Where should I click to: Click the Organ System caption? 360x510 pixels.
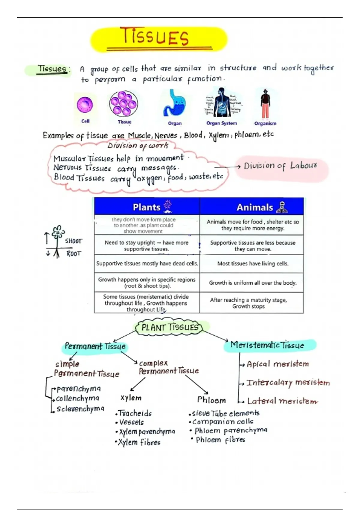click(x=222, y=123)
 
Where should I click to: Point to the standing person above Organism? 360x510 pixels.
click(x=265, y=103)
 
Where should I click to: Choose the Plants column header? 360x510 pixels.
click(x=147, y=207)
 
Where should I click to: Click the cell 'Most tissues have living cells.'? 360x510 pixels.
click(x=253, y=264)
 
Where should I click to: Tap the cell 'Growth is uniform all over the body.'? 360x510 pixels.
click(x=253, y=283)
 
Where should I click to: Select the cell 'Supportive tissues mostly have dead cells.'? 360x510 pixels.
click(x=147, y=264)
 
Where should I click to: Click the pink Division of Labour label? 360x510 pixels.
click(x=280, y=166)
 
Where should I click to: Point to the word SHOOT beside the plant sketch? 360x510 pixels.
click(x=73, y=241)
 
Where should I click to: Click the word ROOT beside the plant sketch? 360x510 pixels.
click(x=74, y=254)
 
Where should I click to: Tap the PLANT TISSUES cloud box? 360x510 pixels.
click(x=170, y=327)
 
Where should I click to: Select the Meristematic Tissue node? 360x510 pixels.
click(x=267, y=345)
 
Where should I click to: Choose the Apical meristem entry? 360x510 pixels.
click(x=277, y=364)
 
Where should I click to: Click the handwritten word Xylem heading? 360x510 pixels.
click(x=131, y=398)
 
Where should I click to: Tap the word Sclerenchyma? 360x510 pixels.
click(x=80, y=409)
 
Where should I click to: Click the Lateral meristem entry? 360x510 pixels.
click(x=282, y=401)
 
